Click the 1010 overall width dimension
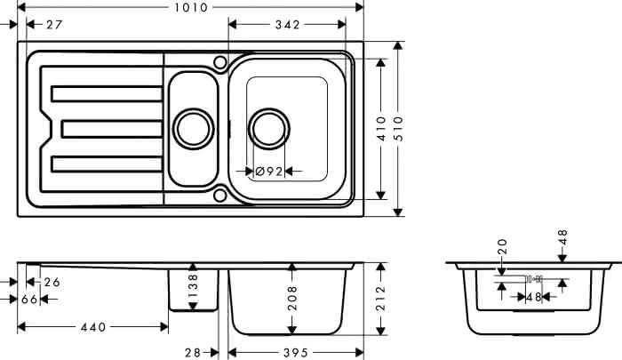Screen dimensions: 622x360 click(x=191, y=7)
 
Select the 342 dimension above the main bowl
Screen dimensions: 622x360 click(x=288, y=25)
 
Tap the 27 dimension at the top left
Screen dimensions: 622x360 click(x=54, y=25)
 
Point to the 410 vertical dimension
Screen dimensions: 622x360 click(x=381, y=129)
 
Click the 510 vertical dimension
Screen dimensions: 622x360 click(x=398, y=129)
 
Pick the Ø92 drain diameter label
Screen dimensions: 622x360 click(x=269, y=172)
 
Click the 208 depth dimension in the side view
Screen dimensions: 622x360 click(x=292, y=298)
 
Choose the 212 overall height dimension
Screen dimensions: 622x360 click(x=381, y=298)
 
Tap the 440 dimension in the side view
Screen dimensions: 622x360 click(x=93, y=327)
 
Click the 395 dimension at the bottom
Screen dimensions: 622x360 click(x=296, y=353)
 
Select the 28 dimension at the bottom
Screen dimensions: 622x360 click(x=193, y=353)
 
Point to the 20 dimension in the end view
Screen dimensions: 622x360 click(x=502, y=246)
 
